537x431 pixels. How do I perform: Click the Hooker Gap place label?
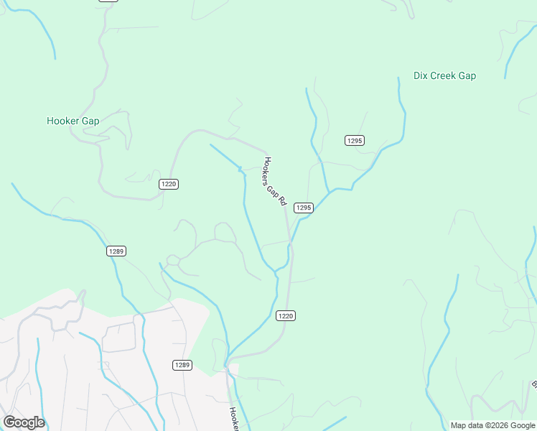(73, 121)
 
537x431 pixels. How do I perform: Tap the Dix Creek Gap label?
(444, 75)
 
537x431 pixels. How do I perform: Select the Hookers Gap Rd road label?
(276, 182)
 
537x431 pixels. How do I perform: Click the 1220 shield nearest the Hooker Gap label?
(169, 184)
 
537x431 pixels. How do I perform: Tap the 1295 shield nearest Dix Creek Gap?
(354, 140)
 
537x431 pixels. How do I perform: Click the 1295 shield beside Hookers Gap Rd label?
(304, 208)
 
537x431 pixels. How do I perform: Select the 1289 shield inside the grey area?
(182, 365)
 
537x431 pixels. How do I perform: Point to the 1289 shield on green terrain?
(116, 251)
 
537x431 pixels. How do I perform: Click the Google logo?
(24, 422)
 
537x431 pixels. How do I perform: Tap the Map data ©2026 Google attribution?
(493, 425)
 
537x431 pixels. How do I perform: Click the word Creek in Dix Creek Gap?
(445, 75)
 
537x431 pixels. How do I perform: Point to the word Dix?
(421, 75)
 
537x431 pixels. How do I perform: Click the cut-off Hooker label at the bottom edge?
(233, 419)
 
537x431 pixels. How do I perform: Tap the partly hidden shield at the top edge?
(108, 1)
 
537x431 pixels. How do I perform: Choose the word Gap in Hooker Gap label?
(90, 121)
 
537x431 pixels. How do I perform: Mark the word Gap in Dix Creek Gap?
(467, 75)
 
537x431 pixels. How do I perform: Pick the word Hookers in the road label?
(268, 169)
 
